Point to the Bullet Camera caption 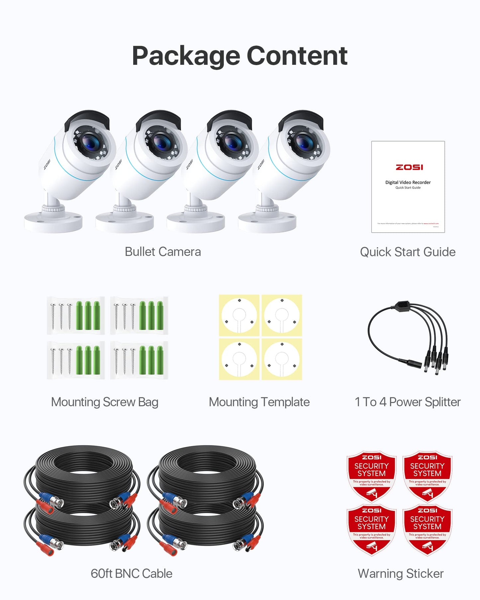(163, 252)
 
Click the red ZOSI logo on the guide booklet (409, 167)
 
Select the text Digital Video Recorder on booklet (408, 182)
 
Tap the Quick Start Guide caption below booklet (408, 252)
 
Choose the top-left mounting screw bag (76, 315)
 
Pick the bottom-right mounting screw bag (139, 360)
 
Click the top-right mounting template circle (282, 316)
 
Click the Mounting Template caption (259, 402)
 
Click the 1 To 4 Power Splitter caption (408, 402)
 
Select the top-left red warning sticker (371, 475)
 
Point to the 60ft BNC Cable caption (132, 574)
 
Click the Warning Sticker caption (401, 574)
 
